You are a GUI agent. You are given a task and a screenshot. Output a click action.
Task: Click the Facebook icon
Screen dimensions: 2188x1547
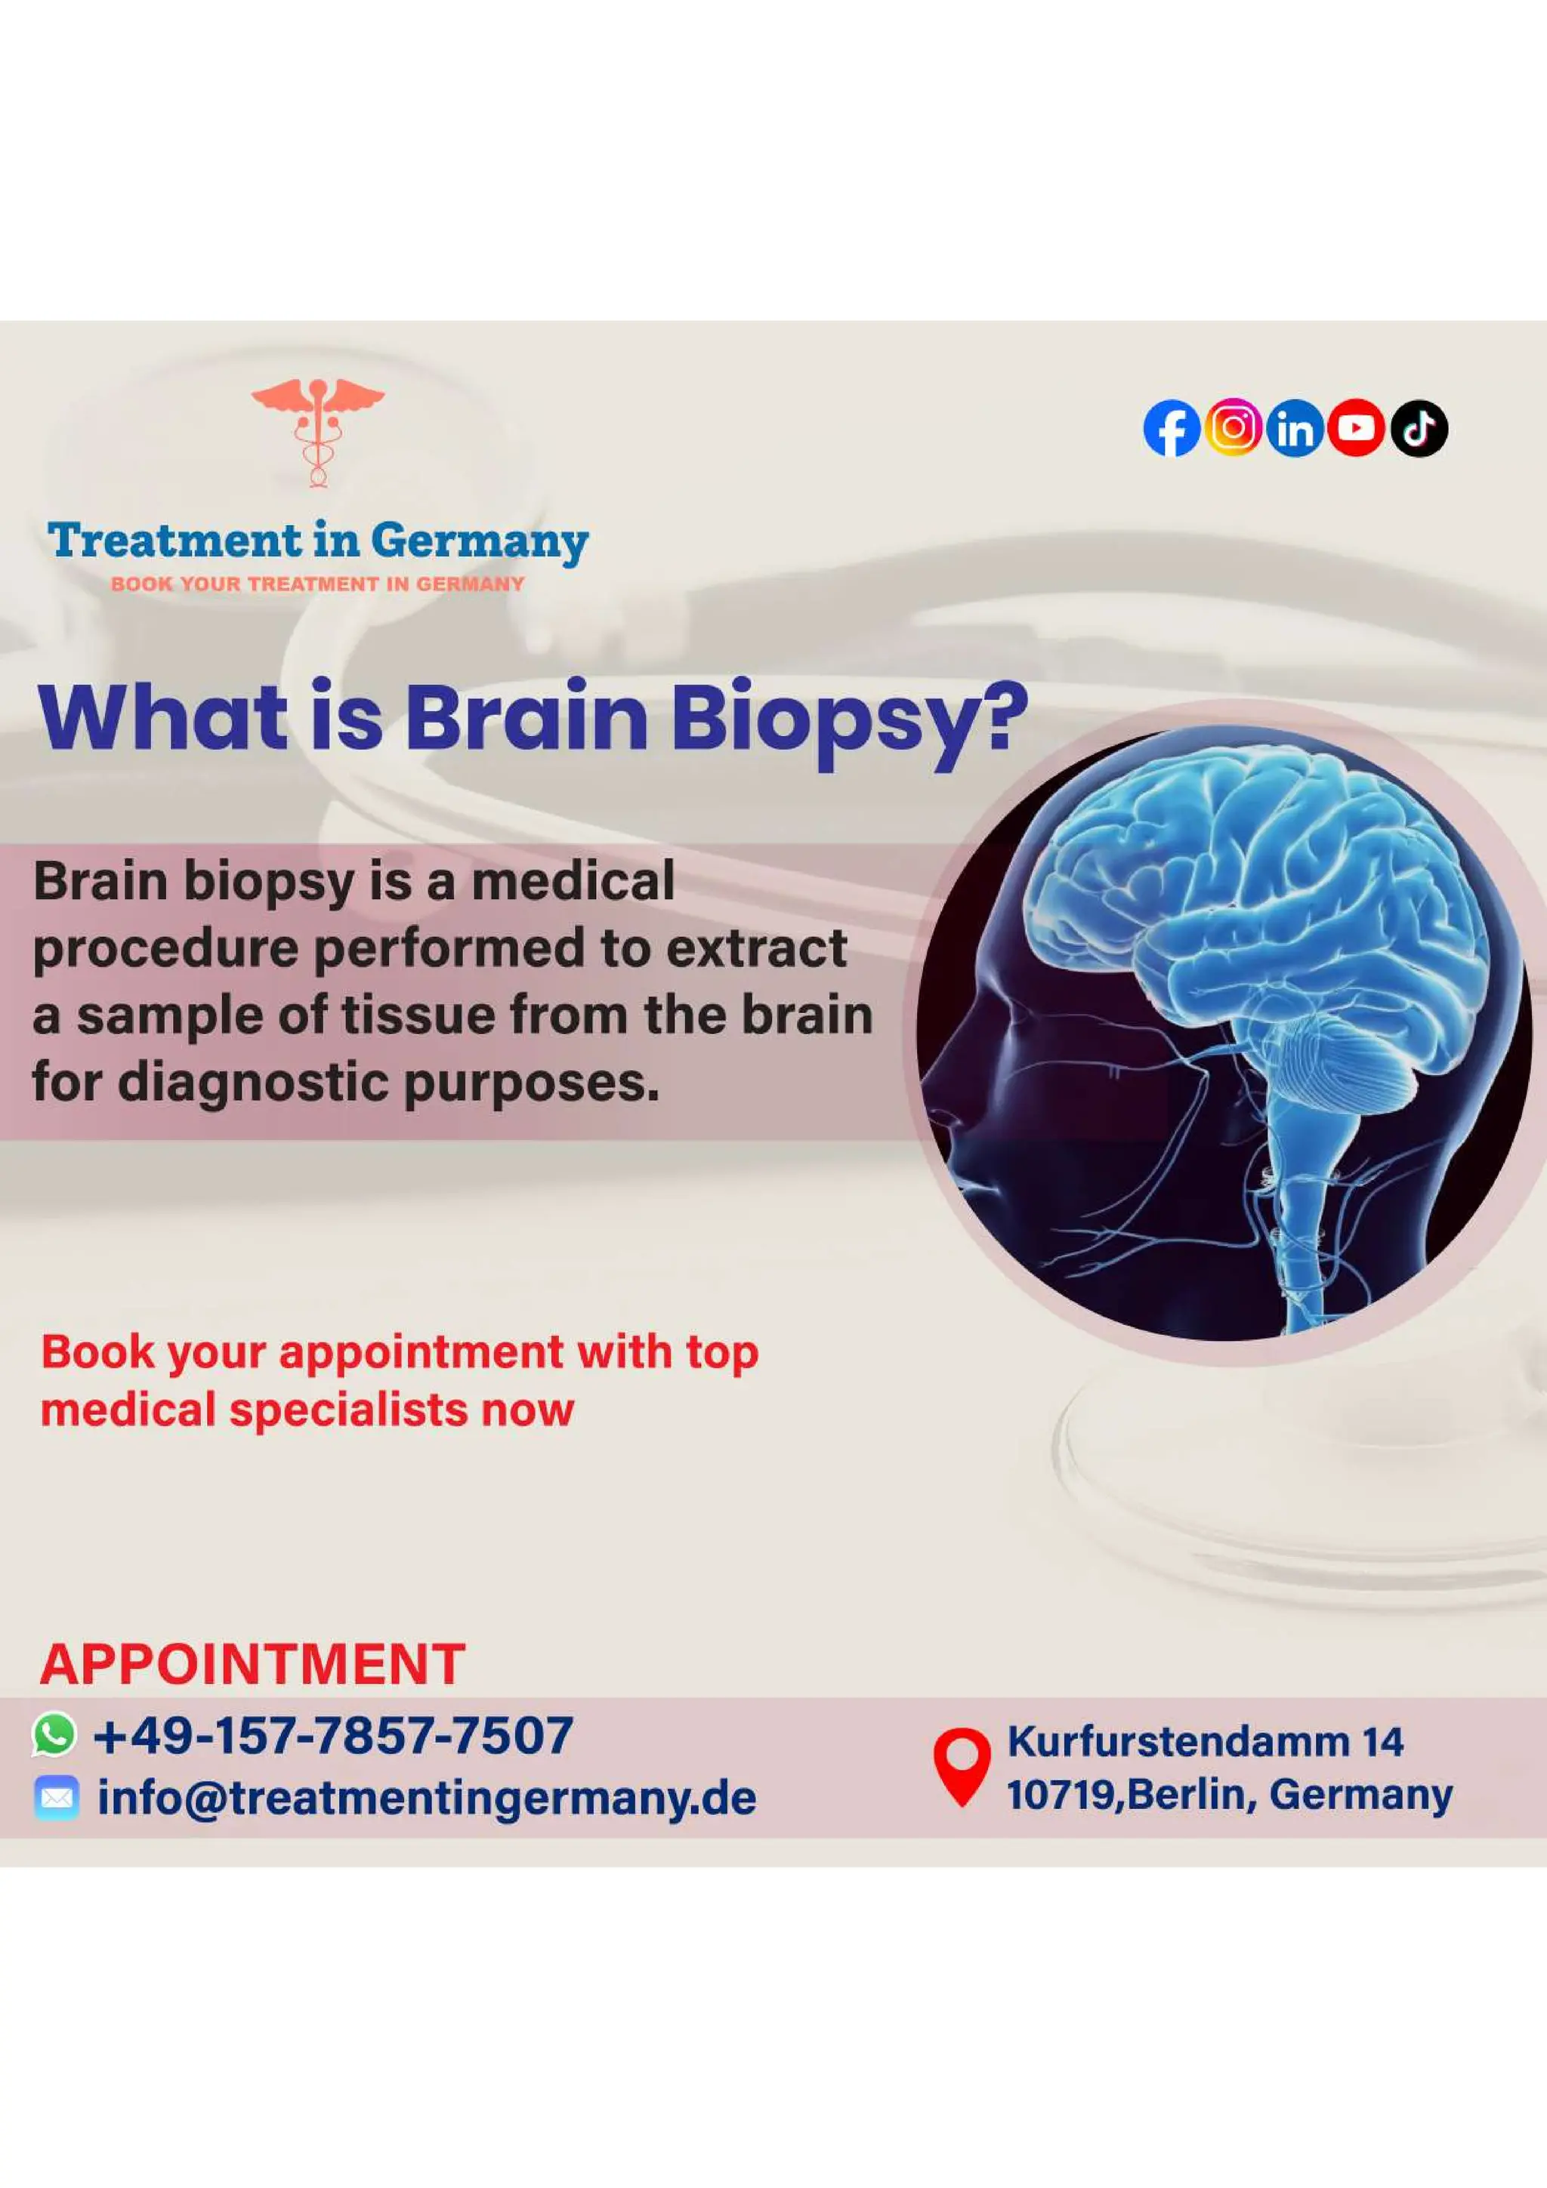[1172, 429]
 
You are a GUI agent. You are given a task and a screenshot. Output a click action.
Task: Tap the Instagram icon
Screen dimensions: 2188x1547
[1234, 427]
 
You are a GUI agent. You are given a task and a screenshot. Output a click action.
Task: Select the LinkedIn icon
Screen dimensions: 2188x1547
[1295, 429]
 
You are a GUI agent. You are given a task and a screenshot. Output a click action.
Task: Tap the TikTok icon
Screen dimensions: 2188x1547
[1419, 428]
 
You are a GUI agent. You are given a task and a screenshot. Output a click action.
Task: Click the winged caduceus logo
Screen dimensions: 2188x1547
[317, 432]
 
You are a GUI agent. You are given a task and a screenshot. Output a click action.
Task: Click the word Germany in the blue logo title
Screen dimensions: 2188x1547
[480, 542]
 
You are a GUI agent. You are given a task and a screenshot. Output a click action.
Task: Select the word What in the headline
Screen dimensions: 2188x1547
[163, 717]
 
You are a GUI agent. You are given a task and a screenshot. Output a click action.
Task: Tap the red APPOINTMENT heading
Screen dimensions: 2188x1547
[252, 1664]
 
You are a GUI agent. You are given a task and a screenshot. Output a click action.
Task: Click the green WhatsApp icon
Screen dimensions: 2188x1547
[54, 1733]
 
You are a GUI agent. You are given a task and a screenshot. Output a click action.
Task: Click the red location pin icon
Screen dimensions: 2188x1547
[962, 1765]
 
